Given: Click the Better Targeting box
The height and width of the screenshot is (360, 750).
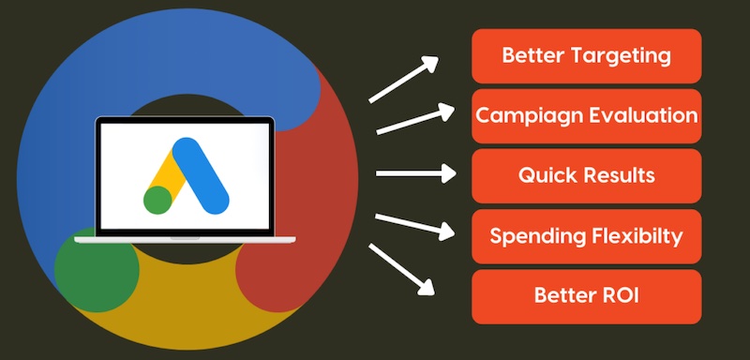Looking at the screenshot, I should point(586,55).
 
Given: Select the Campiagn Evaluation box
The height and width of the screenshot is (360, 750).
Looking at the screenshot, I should point(586,115).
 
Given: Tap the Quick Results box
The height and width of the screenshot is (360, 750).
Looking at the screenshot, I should point(586,175).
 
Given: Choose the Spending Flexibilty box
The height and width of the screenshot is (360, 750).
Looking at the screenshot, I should point(586,235).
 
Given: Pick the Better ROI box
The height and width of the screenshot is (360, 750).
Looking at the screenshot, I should point(586,295).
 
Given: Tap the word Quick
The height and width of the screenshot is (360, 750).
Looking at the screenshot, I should point(544,175).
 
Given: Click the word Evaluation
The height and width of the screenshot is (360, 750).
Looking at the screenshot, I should point(643,115).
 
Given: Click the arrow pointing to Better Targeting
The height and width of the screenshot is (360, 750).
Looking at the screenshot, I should point(404,79).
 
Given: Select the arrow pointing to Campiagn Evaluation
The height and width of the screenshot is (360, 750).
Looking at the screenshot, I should point(413,120).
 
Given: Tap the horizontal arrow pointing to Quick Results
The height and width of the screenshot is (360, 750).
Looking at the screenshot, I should point(413,173).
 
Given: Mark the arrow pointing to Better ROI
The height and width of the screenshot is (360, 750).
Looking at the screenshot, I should point(404,269).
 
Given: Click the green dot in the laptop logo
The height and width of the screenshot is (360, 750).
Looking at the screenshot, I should point(157,199).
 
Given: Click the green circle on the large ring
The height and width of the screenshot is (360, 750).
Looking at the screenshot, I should point(90,272).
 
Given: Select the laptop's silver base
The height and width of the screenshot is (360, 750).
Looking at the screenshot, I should point(185,240).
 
